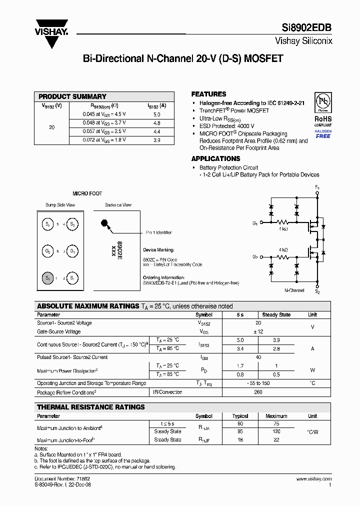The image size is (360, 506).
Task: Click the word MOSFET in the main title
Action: (263, 58)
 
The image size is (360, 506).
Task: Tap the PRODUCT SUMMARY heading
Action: (72, 96)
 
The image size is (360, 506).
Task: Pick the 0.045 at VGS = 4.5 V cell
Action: (104, 114)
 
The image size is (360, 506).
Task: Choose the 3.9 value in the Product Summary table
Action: (156, 140)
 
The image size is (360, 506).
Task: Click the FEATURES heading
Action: (209, 94)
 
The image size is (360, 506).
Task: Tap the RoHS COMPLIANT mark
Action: (323, 121)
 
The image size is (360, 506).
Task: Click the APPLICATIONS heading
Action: (216, 158)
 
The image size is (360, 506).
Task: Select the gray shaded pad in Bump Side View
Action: (48, 277)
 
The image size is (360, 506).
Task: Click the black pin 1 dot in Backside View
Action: (104, 223)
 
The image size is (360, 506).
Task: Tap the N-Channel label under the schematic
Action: (294, 290)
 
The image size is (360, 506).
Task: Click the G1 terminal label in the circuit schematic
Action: (255, 223)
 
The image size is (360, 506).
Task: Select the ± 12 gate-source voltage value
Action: (258, 331)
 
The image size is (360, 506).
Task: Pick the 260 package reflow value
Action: (258, 392)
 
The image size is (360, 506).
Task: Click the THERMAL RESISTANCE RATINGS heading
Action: (91, 407)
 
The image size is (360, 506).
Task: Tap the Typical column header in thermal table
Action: (240, 416)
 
